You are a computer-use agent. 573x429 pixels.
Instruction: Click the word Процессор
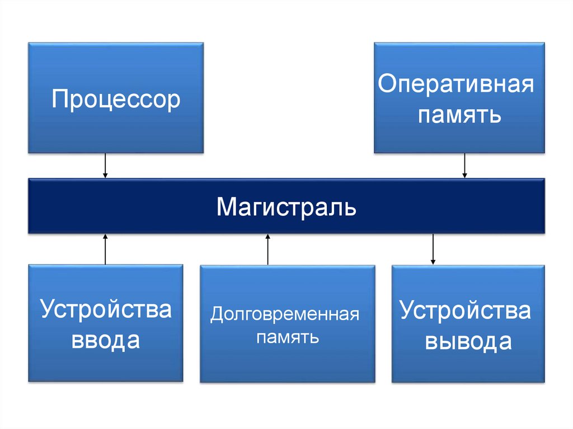116,100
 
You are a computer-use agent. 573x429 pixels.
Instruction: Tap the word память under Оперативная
459,116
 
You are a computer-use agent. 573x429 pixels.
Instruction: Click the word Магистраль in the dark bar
286,207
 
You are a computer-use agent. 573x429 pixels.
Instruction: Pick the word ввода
105,340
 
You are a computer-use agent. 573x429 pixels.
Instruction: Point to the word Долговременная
284,314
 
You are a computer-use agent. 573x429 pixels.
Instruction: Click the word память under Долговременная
288,338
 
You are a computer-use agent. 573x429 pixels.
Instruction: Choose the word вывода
468,341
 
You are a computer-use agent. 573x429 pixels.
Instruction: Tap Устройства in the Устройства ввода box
105,309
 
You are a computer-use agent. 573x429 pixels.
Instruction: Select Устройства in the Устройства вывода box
466,310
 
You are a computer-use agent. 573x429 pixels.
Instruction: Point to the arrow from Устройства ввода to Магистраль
105,249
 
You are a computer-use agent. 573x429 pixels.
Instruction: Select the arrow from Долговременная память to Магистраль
267,249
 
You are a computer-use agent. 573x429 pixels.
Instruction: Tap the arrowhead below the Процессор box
105,176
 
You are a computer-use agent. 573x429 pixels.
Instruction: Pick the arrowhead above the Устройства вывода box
433,261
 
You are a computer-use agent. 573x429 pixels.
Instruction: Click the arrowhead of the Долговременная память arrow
267,237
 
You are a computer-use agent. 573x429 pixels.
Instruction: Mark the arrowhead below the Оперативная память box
464,176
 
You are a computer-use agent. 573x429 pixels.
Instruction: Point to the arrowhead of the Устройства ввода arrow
105,237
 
